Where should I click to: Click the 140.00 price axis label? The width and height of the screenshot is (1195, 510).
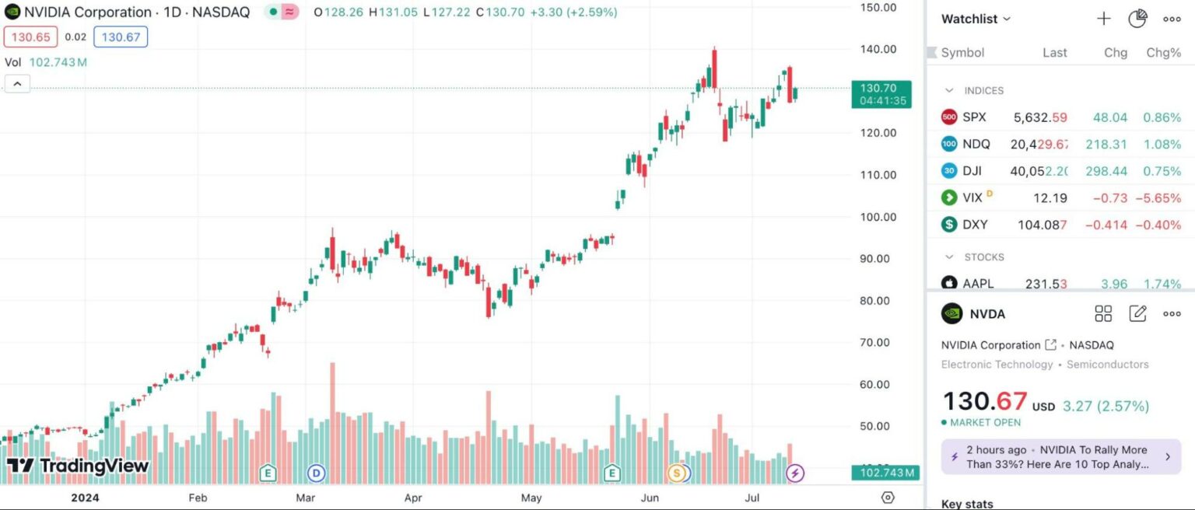(x=878, y=49)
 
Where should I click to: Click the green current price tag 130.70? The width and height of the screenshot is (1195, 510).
(x=881, y=89)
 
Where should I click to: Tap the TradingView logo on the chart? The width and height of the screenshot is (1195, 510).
(x=78, y=466)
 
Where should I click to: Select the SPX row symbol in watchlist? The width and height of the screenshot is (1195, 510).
(x=974, y=117)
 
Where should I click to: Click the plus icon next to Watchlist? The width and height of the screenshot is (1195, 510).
(x=1103, y=19)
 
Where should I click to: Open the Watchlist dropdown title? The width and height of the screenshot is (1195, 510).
(x=976, y=19)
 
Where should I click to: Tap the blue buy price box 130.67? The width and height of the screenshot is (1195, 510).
(x=120, y=37)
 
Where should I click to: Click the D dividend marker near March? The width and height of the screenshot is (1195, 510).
(x=316, y=473)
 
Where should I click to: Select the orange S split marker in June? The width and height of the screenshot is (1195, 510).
(x=677, y=473)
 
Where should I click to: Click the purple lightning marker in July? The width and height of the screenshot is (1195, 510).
(x=794, y=473)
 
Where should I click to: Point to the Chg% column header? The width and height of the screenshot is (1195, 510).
(x=1163, y=53)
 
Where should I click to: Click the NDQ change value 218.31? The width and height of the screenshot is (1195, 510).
(x=1105, y=144)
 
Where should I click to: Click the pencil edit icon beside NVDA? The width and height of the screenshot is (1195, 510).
(x=1137, y=314)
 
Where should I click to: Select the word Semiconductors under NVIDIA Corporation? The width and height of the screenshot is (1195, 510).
(x=1107, y=364)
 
